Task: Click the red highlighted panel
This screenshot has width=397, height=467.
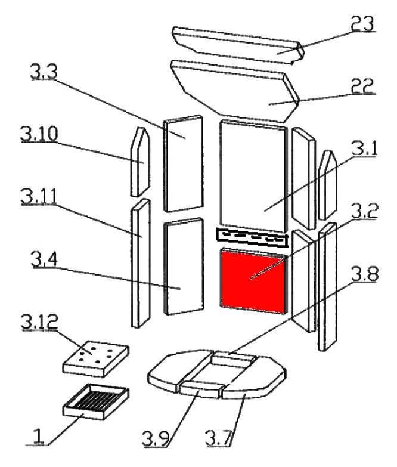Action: [253, 282]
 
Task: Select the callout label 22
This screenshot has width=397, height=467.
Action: [362, 86]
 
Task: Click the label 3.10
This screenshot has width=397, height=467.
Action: [39, 134]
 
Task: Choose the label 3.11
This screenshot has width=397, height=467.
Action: [39, 196]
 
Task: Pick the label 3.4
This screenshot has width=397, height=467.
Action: [44, 259]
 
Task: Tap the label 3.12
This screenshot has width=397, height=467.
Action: [39, 321]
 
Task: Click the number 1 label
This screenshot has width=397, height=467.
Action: [38, 437]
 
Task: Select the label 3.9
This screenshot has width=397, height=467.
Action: [156, 438]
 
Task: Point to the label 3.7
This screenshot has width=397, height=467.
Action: [218, 438]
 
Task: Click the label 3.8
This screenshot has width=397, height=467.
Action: [365, 274]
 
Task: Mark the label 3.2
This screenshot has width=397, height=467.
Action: [365, 211]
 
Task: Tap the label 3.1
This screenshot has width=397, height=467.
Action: [364, 149]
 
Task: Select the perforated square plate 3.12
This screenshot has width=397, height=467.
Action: [96, 358]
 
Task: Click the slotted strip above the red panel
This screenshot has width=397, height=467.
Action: [252, 238]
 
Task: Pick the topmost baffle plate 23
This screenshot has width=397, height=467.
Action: [238, 45]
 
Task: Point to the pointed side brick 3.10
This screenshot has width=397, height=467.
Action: [140, 162]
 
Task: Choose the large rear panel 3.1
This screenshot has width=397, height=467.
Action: [253, 176]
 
